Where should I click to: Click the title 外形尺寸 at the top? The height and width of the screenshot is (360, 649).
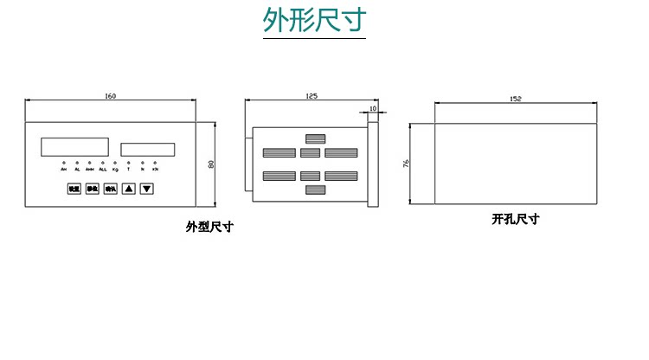click(314, 20)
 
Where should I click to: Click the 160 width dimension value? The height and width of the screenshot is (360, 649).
click(110, 94)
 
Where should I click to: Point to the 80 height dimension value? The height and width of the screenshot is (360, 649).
click(210, 164)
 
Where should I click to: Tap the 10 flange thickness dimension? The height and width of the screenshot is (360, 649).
click(373, 109)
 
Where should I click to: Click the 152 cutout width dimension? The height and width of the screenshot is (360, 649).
click(516, 100)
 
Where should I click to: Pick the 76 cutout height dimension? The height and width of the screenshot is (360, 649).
click(407, 163)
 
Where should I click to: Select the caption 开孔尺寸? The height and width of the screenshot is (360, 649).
click(516, 220)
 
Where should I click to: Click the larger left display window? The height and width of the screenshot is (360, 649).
click(74, 147)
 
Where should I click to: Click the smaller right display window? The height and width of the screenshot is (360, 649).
click(148, 150)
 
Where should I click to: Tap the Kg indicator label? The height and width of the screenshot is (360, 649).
click(116, 170)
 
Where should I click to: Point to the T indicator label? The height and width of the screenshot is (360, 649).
click(129, 170)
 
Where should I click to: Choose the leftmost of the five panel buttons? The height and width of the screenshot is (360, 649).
click(74, 189)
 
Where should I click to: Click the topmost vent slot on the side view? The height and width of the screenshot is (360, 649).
click(315, 138)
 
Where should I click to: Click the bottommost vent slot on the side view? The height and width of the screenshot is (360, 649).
click(315, 190)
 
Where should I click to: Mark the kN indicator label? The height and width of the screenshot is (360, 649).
click(155, 170)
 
